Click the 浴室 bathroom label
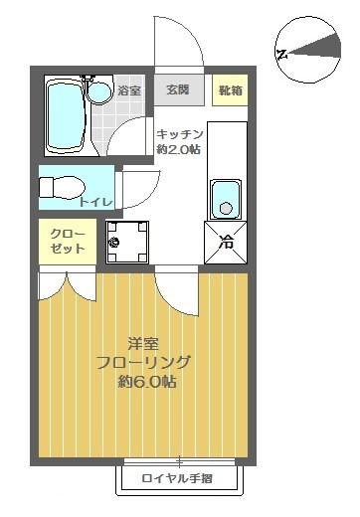pyautogui.click(x=129, y=91)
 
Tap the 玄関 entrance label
pyautogui.click(x=179, y=90)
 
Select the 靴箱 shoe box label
pyautogui.click(x=231, y=90)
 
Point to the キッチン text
pyautogui.click(x=179, y=134)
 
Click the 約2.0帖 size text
pyautogui.click(x=179, y=150)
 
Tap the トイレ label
pyautogui.click(x=96, y=203)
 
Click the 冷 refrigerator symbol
pyautogui.click(x=226, y=240)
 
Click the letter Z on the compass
pyautogui.click(x=282, y=53)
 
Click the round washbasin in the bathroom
pyautogui.click(x=98, y=93)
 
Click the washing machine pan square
pyautogui.click(x=126, y=241)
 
